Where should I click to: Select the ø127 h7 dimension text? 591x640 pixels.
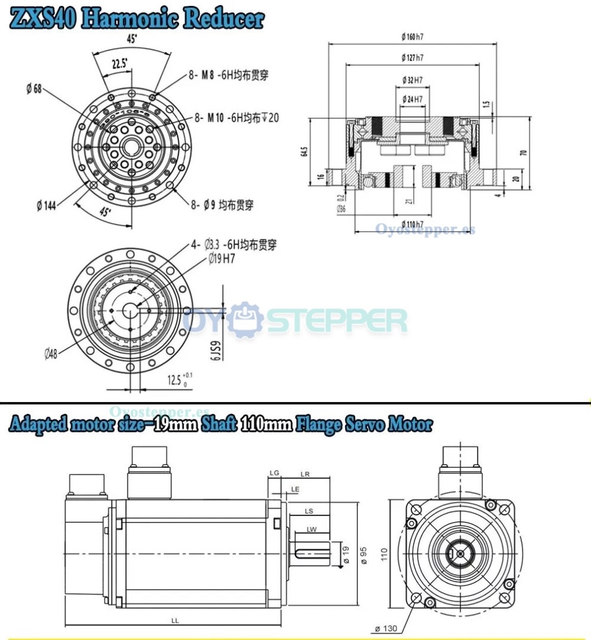click(x=413, y=58)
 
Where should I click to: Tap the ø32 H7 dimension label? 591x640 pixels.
click(x=413, y=80)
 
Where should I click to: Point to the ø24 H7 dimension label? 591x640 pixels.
click(x=413, y=98)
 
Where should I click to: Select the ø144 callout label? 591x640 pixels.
click(x=47, y=206)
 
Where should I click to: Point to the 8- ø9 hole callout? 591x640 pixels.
click(x=221, y=205)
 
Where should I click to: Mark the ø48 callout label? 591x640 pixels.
click(x=50, y=354)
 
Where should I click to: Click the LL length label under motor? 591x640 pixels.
click(x=175, y=621)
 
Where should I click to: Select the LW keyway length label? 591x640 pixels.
click(x=311, y=530)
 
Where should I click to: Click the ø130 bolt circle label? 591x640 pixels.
click(x=387, y=629)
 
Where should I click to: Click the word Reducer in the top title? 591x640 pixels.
click(x=223, y=18)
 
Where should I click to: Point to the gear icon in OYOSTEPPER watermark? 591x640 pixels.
click(x=247, y=320)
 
